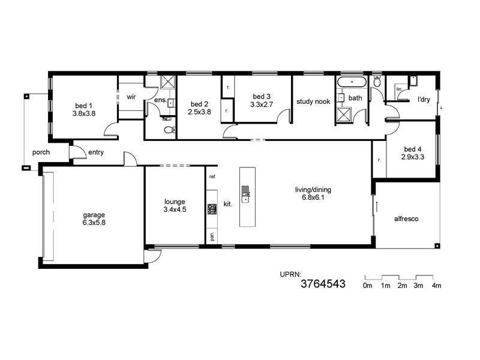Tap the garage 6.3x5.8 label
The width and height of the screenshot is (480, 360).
(x=94, y=218)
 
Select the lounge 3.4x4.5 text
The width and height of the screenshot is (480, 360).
(x=175, y=205)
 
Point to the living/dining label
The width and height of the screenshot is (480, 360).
(x=313, y=194)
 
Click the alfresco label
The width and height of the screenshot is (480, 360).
(x=406, y=219)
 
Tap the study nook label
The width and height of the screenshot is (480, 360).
(x=313, y=101)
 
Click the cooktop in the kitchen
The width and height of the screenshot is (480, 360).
(x=212, y=209)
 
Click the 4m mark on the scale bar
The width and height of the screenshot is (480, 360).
(x=436, y=286)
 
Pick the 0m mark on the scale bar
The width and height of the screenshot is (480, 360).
(x=367, y=286)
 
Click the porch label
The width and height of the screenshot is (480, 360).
(x=41, y=152)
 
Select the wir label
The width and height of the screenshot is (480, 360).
(x=131, y=96)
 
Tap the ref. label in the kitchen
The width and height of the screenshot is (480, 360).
(x=212, y=177)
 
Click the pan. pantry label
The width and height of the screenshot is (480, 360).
(x=212, y=236)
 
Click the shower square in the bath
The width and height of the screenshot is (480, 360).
(x=344, y=113)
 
